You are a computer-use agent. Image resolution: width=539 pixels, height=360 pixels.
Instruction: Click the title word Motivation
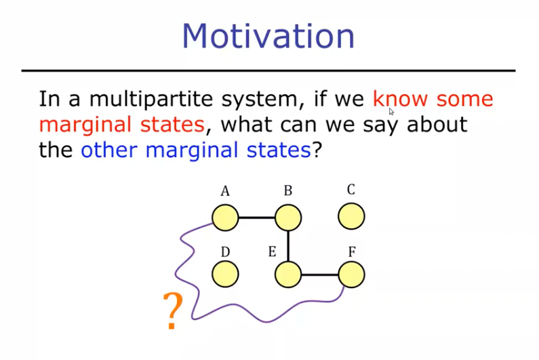(x=268, y=36)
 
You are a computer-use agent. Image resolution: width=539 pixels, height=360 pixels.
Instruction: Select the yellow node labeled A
(x=225, y=218)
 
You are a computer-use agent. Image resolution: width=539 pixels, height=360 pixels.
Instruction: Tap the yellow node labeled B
(x=288, y=218)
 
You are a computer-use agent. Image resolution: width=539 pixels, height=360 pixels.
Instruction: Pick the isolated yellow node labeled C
(x=351, y=216)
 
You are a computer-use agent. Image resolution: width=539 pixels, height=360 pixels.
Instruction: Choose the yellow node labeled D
(x=225, y=274)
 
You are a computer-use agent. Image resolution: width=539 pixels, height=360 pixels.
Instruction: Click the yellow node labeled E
(x=288, y=275)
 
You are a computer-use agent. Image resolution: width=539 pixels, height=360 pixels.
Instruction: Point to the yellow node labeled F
(x=351, y=275)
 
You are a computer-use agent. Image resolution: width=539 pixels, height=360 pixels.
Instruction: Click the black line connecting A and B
(x=257, y=218)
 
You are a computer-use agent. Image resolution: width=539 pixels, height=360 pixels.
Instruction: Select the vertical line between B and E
(x=288, y=246)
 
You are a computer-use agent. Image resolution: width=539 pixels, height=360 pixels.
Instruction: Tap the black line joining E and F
(x=320, y=275)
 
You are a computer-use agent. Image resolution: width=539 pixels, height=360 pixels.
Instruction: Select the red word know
(x=400, y=99)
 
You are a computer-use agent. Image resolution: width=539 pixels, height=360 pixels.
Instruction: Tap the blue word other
(x=109, y=150)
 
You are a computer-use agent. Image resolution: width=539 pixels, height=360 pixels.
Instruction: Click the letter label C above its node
(x=351, y=189)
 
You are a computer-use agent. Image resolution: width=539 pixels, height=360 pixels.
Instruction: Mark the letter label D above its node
(x=225, y=252)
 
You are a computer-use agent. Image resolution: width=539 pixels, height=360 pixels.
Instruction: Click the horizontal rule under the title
(x=268, y=71)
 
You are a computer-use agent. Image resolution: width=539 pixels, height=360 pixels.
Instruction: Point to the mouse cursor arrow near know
(x=391, y=111)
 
